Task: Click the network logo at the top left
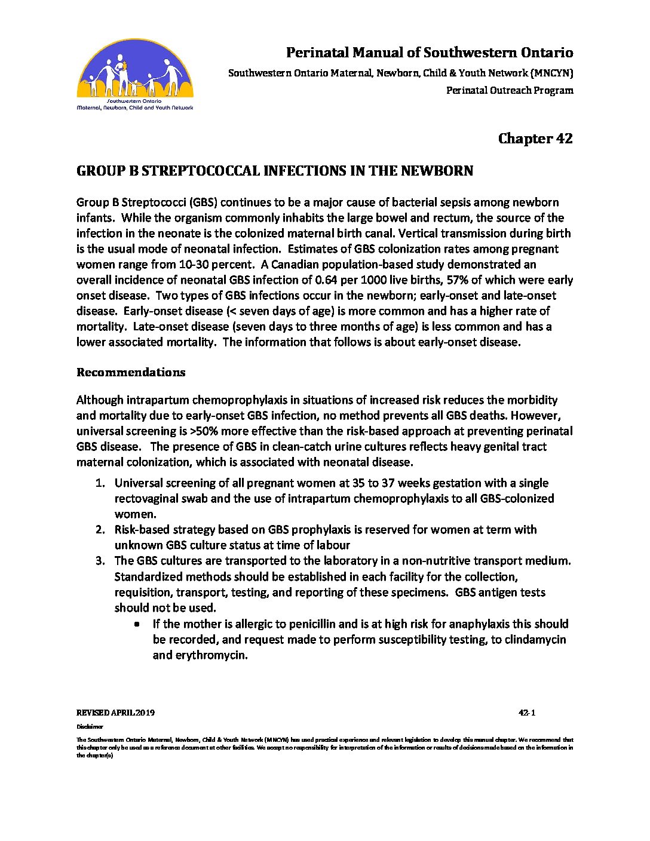pyautogui.click(x=135, y=75)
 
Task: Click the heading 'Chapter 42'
pyautogui.click(x=535, y=139)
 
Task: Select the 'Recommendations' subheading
pyautogui.click(x=131, y=372)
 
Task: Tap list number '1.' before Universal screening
pyautogui.click(x=100, y=483)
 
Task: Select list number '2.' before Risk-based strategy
pyautogui.click(x=100, y=530)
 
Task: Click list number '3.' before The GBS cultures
pyautogui.click(x=100, y=561)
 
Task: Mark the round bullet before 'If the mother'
pyautogui.click(x=138, y=624)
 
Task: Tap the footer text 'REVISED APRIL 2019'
pyautogui.click(x=116, y=713)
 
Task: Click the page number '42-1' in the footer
pyautogui.click(x=527, y=713)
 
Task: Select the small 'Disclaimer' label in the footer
pyautogui.click(x=90, y=727)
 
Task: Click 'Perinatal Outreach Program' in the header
pyautogui.click(x=510, y=91)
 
